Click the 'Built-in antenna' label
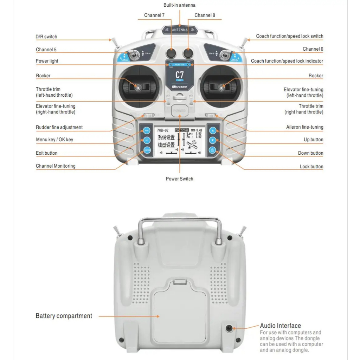tap(179, 5)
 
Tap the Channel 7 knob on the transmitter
tap(171, 53)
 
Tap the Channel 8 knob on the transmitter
tap(188, 53)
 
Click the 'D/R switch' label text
tap(46, 37)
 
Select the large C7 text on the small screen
tap(179, 75)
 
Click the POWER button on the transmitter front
tap(179, 111)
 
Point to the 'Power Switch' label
tap(179, 179)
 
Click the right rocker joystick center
tap(222, 87)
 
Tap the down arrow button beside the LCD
tap(212, 140)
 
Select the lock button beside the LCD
tap(212, 150)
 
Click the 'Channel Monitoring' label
tap(56, 166)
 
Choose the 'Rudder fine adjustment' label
tap(59, 127)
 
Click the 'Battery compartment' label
tap(64, 316)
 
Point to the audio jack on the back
tap(229, 328)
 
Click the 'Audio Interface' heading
tap(280, 326)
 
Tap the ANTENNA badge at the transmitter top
tap(180, 30)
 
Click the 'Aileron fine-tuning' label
tap(304, 127)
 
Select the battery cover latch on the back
tap(180, 281)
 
